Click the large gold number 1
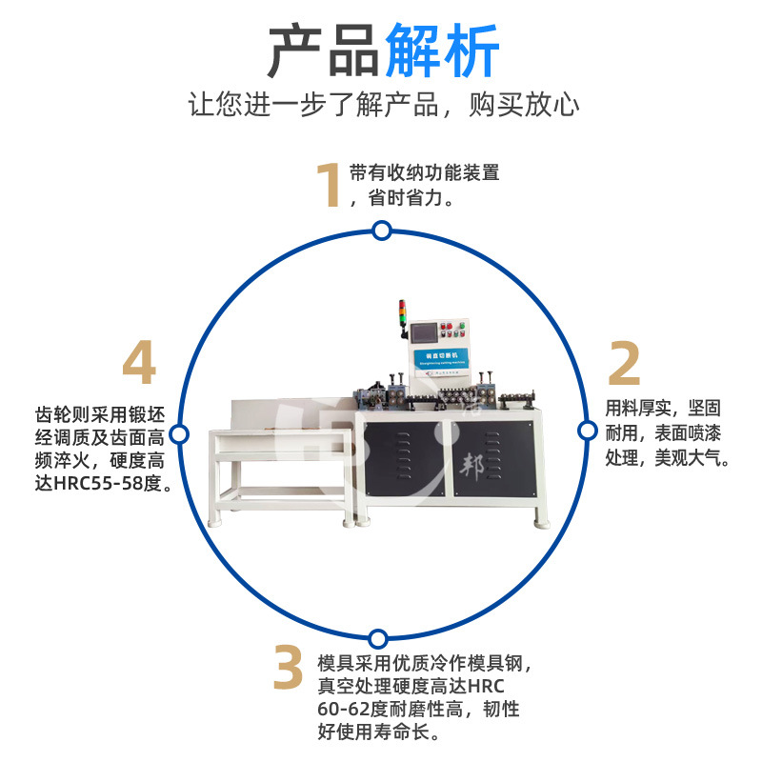[329, 185]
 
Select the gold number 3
[288, 669]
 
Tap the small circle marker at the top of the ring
[382, 231]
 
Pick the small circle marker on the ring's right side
[588, 431]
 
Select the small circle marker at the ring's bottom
[378, 638]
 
